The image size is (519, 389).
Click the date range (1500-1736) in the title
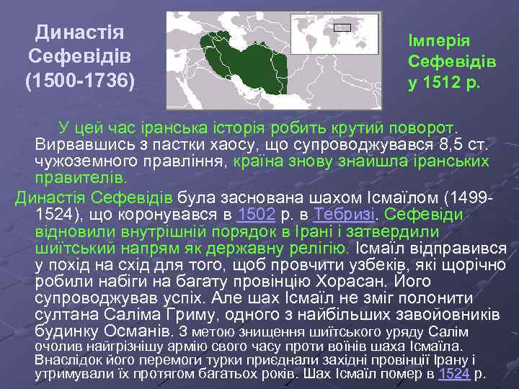tap(80, 79)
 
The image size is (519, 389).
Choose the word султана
tap(62, 314)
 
